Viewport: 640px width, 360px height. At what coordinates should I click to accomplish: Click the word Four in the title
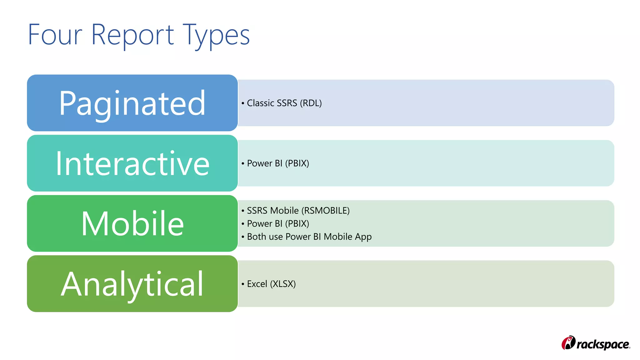(55, 35)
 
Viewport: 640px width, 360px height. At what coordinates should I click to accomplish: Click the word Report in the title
(132, 35)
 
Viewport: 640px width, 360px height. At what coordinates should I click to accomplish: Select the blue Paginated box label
(132, 103)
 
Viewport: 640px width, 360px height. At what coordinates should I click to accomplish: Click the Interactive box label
(132, 163)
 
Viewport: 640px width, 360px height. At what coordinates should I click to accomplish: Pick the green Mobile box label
(132, 224)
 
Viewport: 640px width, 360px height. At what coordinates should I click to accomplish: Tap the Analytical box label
(132, 284)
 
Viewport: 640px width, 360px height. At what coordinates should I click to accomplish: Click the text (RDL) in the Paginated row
(311, 103)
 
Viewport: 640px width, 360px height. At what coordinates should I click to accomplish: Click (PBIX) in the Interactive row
(297, 163)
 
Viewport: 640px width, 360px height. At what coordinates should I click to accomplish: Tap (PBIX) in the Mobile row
(297, 224)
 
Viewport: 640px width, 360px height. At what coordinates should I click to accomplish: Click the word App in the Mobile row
(363, 237)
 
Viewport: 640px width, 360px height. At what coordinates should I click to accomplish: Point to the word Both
(257, 237)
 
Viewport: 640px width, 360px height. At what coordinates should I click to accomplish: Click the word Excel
(257, 284)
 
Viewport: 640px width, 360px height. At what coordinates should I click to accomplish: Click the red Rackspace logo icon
(568, 343)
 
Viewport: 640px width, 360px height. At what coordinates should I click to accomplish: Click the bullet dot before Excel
(243, 284)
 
